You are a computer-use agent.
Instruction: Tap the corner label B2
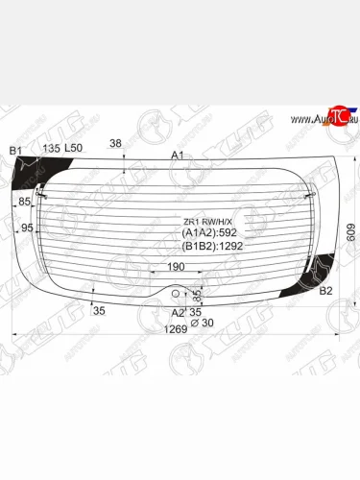[325, 290]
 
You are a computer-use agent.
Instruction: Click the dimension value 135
[51, 149]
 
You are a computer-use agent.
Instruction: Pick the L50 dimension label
[74, 149]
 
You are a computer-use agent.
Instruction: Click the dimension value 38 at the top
[115, 143]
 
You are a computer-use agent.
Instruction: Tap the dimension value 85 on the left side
[26, 202]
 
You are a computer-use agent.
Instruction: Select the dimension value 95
[27, 228]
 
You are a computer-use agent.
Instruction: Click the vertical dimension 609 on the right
[351, 231]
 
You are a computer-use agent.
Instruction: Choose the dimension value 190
[177, 268]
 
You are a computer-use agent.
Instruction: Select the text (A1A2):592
[208, 232]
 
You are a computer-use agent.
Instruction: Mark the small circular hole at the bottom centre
[177, 294]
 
